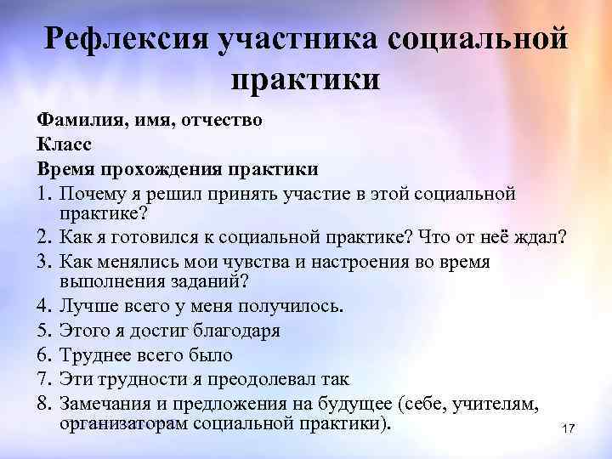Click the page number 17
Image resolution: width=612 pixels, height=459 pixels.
[x=569, y=429]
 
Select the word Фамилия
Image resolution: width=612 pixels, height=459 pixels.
[x=79, y=121]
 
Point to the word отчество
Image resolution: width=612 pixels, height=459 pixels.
[x=223, y=121]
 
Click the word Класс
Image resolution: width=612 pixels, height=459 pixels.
[x=64, y=144]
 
